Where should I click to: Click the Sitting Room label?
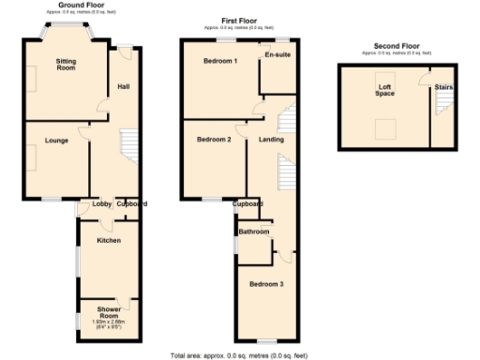(66, 64)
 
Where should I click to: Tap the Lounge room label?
(55, 140)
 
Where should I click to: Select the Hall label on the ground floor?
(123, 86)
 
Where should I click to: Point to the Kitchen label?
(109, 240)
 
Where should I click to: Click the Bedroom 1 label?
(220, 61)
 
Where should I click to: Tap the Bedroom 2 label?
(214, 140)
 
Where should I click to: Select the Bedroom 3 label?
(266, 283)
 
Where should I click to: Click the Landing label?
(272, 140)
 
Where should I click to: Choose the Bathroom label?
(253, 232)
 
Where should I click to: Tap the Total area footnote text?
(239, 355)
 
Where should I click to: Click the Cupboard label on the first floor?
(247, 203)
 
